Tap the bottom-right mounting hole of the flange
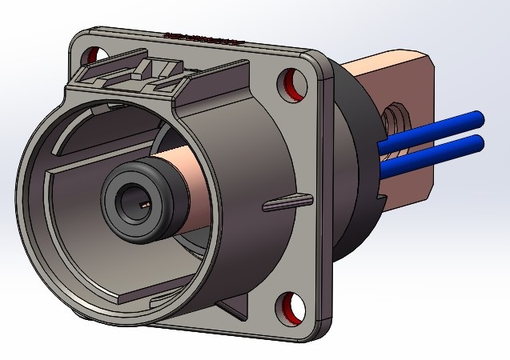292,305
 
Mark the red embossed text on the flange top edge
200,38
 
